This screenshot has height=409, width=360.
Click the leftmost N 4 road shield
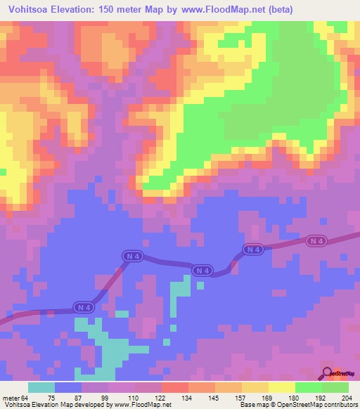[84, 307]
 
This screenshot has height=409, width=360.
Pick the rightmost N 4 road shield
[316, 241]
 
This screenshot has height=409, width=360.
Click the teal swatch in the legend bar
[41, 388]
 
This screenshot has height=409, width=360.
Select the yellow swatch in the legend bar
[281, 388]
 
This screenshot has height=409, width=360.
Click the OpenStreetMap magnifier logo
[327, 373]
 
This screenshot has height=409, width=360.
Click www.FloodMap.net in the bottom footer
[143, 404]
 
